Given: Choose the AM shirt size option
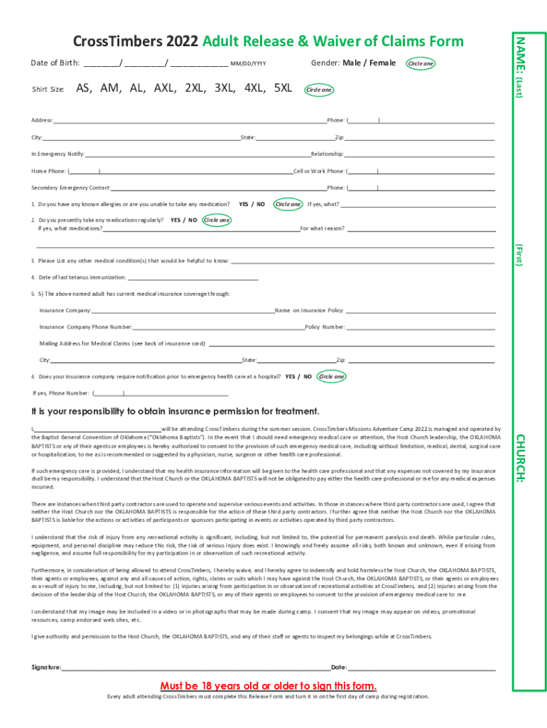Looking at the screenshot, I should tap(110, 88).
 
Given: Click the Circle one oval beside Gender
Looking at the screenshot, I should tap(421, 64).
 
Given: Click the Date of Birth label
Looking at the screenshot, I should tap(55, 63).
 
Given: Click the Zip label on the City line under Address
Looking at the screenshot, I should tap(340, 136).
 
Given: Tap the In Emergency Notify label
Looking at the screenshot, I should tap(58, 154).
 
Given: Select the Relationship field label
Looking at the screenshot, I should tap(327, 154).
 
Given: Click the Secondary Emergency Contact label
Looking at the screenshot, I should tap(71, 188).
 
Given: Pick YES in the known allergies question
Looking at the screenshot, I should tap(243, 204).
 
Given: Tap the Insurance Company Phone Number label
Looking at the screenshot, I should tap(85, 327).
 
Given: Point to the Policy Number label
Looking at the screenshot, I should tap(325, 327).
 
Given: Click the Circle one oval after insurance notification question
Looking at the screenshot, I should tap(332, 376).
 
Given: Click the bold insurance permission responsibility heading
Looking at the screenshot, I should tap(175, 412).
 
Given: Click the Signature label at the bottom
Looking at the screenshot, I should tap(47, 668).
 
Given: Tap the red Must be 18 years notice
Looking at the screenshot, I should tap(269, 685).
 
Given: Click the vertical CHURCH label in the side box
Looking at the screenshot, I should tap(519, 459).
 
